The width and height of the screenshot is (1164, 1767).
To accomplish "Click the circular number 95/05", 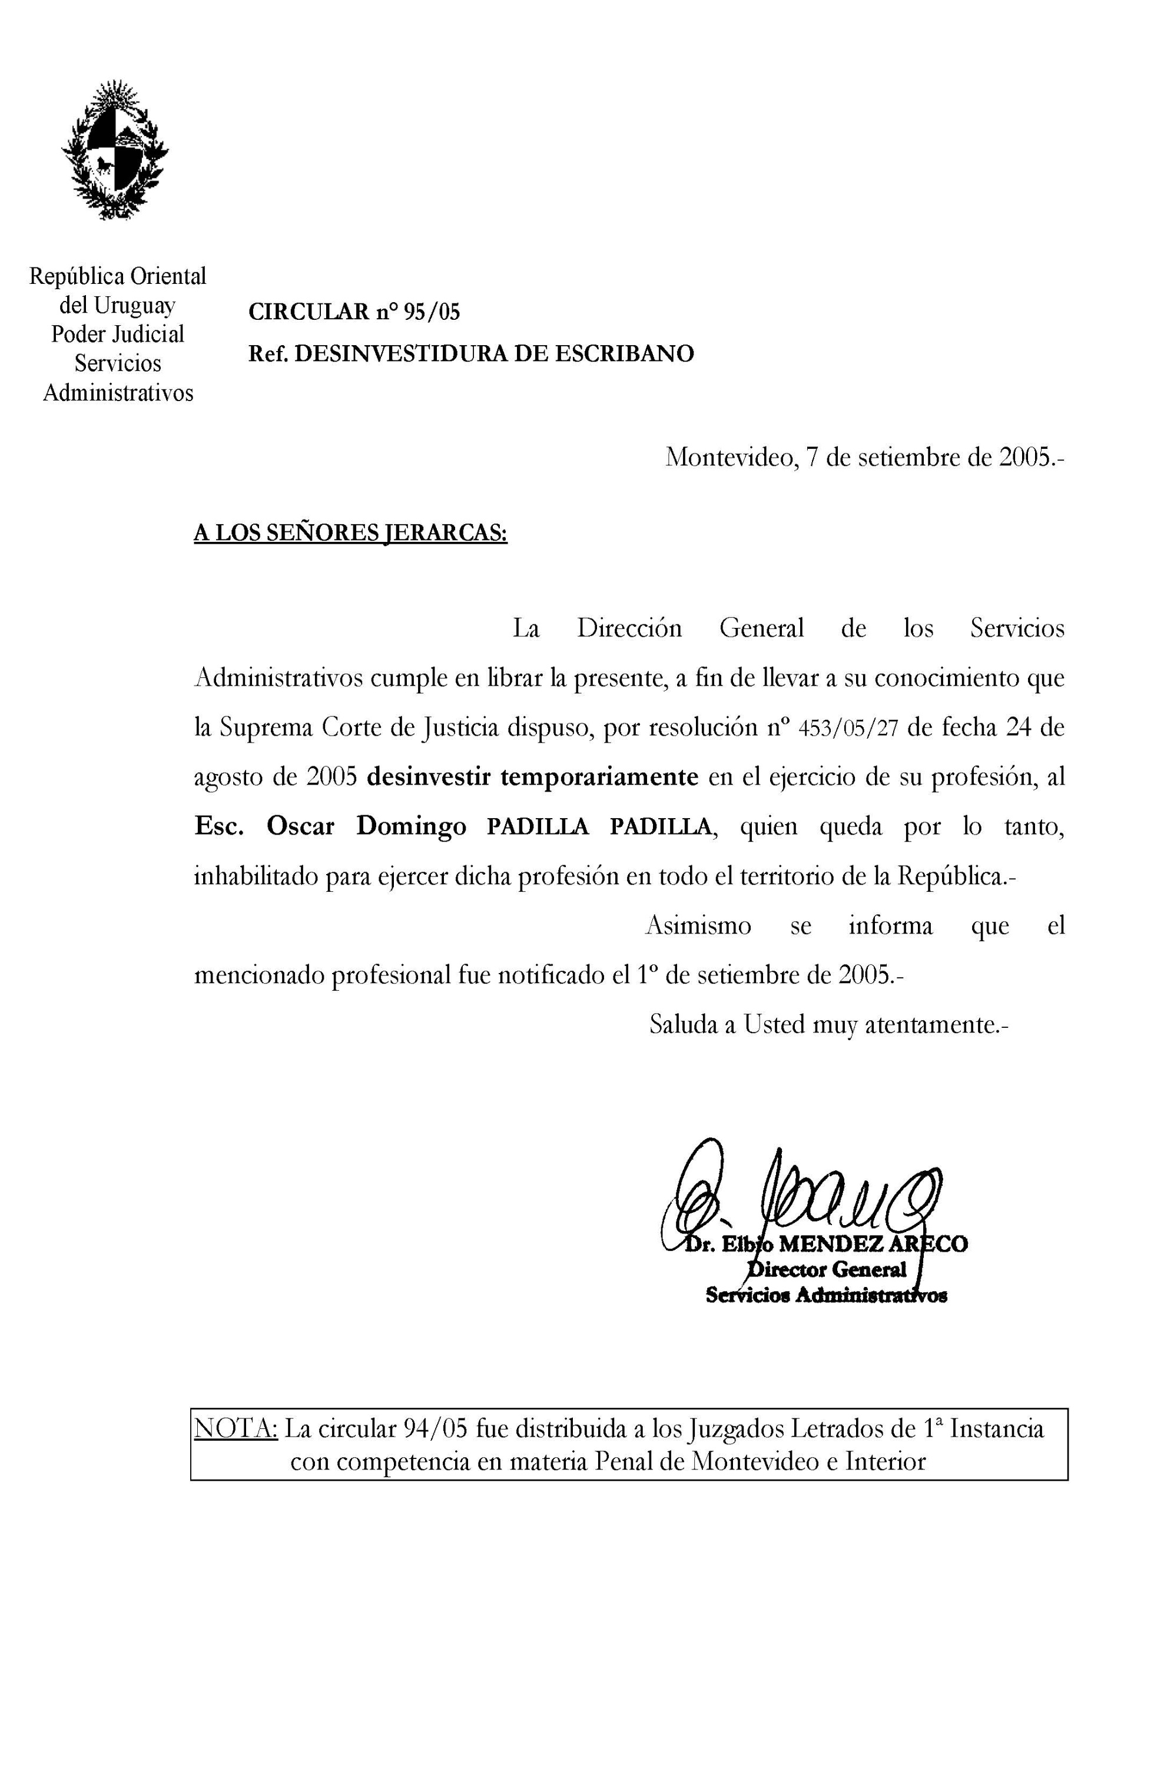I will click(432, 312).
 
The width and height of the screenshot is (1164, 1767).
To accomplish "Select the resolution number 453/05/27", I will click(848, 729).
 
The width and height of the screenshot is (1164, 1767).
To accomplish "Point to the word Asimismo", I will click(698, 926).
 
